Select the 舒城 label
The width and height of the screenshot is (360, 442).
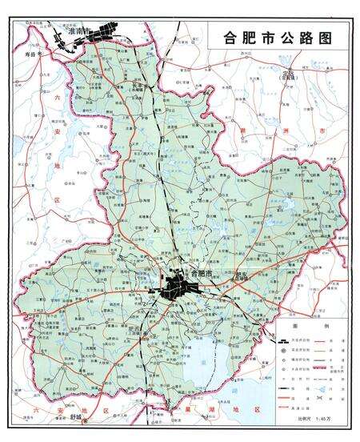click(x=75, y=417)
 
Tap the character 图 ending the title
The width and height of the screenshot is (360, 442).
click(x=324, y=37)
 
